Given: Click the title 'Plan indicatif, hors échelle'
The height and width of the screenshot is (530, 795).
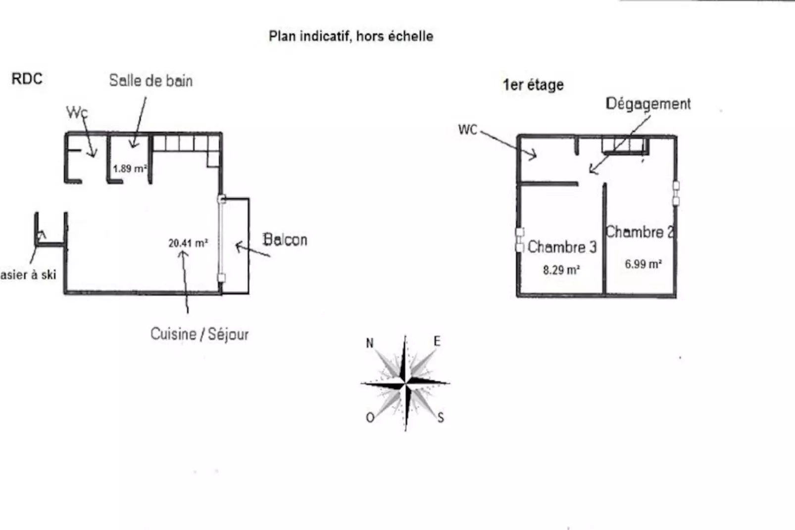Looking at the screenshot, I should [351, 36].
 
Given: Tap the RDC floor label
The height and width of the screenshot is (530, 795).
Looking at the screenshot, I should [27, 79].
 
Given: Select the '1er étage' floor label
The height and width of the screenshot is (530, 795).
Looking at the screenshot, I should [533, 85].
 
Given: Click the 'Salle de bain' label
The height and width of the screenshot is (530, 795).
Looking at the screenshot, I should [151, 81].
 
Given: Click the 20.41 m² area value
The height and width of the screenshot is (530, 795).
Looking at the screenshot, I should [188, 243].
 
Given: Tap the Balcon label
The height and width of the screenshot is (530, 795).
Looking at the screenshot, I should [285, 240].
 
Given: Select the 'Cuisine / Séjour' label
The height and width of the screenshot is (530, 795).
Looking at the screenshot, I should [199, 334].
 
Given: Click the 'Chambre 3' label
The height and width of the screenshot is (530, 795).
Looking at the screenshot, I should [562, 247].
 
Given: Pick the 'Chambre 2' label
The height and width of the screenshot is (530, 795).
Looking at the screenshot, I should [640, 232].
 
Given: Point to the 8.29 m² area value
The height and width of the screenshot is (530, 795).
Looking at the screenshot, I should [561, 270].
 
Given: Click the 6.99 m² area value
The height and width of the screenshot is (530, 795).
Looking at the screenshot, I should [643, 264].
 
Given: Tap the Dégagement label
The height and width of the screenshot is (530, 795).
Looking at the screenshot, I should [648, 104].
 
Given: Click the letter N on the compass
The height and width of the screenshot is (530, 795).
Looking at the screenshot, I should [369, 343].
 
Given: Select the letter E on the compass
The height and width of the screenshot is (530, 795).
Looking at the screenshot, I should [437, 341].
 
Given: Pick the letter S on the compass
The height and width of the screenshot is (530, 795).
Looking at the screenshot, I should [441, 418].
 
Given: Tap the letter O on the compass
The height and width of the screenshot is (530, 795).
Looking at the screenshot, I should [370, 418].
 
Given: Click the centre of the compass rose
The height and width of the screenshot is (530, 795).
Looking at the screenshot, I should [405, 383].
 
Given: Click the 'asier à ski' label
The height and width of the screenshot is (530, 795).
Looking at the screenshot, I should [28, 275].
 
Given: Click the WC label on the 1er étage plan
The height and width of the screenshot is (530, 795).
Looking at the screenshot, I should [468, 130].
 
